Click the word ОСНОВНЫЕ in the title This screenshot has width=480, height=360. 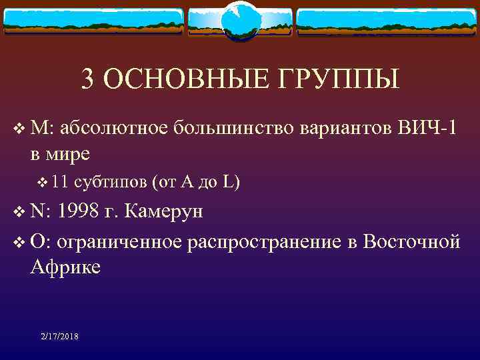pos(176,79)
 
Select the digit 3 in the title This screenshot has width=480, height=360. pos(87,79)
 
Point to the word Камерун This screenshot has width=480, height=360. pos(164,211)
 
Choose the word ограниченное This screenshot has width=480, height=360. pos(119,241)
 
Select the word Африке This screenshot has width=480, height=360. pos(65,267)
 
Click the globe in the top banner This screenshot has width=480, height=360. pos(239,19)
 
